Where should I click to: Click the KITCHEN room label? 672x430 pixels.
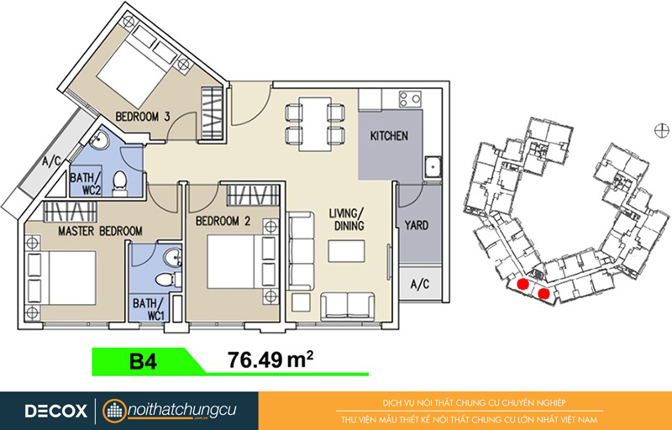389,136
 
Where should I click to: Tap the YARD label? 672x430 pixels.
416,225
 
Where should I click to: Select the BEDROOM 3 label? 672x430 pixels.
143,117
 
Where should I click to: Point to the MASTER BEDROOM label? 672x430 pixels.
100,231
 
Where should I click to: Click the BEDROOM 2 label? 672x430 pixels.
223,221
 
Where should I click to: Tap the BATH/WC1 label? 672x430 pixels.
149,309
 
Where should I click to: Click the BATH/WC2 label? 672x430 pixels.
86,183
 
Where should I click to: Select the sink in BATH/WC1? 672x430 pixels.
174,258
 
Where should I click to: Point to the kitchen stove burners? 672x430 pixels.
410,99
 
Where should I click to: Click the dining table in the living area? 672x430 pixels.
315,124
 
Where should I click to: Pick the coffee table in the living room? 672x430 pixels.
347,251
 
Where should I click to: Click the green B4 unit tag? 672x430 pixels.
144,362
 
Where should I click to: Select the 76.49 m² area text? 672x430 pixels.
270,360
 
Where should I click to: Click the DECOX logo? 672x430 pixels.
55,412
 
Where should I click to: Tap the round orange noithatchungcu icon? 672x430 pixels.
114,412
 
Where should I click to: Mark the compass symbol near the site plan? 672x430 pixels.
662,130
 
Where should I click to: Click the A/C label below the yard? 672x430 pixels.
419,284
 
